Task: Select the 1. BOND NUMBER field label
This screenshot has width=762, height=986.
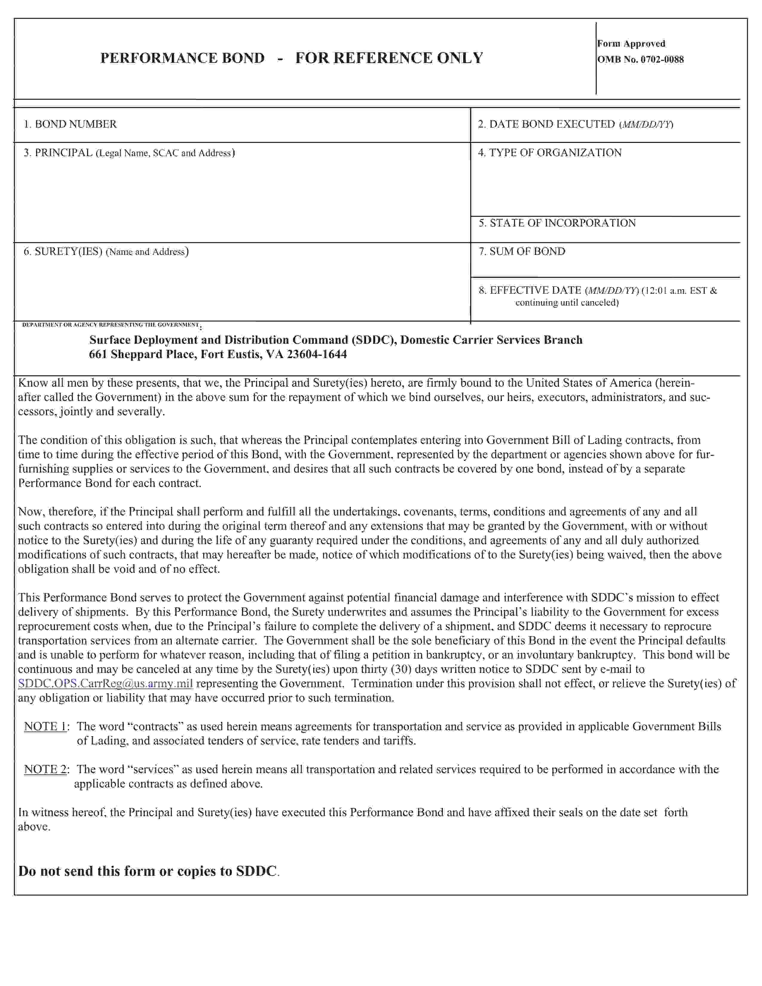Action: (x=71, y=124)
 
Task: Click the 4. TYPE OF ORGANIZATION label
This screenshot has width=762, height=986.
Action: (x=549, y=153)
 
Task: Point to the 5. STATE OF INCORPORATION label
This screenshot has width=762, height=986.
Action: (x=557, y=223)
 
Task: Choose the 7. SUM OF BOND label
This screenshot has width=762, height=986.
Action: (x=522, y=252)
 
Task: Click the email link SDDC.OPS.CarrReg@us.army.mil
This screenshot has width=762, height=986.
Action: (x=105, y=684)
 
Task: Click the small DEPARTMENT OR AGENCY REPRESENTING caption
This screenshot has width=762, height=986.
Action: (x=111, y=324)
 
